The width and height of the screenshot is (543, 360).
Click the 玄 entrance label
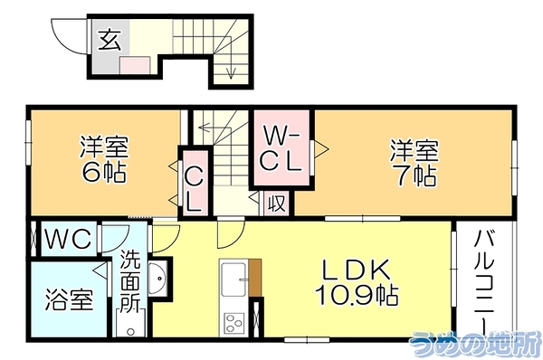click(110, 40)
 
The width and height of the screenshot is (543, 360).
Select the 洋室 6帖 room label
click(104, 159)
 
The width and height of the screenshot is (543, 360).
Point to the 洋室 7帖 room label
click(414, 163)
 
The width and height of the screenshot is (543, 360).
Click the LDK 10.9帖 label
click(357, 283)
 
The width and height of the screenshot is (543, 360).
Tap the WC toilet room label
click(69, 239)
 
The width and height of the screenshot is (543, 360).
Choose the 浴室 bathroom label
click(70, 299)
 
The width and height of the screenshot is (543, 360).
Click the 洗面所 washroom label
click(130, 283)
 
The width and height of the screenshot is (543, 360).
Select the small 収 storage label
click(277, 204)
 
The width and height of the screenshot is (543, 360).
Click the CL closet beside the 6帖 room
click(194, 189)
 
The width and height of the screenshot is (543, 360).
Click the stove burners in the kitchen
click(233, 322)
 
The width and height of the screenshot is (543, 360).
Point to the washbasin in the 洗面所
click(158, 277)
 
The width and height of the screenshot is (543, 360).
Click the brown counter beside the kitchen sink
click(255, 278)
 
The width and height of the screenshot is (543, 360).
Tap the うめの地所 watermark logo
click(475, 343)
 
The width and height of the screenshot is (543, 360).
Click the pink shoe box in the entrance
click(135, 65)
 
